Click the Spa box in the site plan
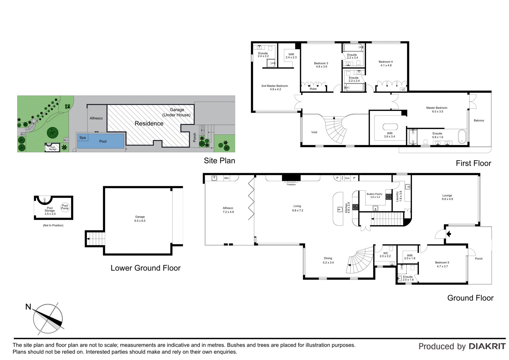(x=82, y=138)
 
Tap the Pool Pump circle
(x=65, y=207)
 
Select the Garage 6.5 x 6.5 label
(x=140, y=219)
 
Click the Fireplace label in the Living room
(x=291, y=184)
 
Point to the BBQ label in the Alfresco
(x=226, y=178)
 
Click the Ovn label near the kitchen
(x=347, y=178)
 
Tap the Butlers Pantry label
(x=375, y=194)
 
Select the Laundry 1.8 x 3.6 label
(x=399, y=196)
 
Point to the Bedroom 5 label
(x=442, y=263)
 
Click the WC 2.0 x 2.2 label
(x=385, y=255)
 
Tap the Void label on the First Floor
(x=314, y=132)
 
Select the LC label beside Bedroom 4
(x=403, y=89)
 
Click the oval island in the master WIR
(x=390, y=127)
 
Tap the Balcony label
(x=479, y=120)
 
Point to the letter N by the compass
(x=28, y=307)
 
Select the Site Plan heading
(x=220, y=161)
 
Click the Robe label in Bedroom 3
(x=313, y=89)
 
